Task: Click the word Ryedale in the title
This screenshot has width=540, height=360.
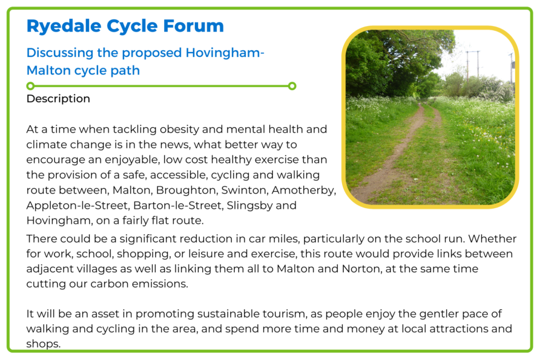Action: pos(64,27)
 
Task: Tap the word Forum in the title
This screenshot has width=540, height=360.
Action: pos(194,26)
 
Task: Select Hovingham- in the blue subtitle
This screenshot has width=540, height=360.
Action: pos(225,53)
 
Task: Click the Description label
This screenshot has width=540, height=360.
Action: pos(58,99)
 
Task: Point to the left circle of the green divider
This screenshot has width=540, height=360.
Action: pos(30,86)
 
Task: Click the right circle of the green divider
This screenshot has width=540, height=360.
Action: pos(292,86)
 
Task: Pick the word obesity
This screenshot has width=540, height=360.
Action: pos(179,129)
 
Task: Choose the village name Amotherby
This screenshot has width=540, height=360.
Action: pos(304,191)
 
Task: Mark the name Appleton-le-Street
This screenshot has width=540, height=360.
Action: pos(78,206)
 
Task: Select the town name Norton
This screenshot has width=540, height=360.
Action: pos(361,269)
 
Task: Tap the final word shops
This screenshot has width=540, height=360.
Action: pos(44,344)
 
